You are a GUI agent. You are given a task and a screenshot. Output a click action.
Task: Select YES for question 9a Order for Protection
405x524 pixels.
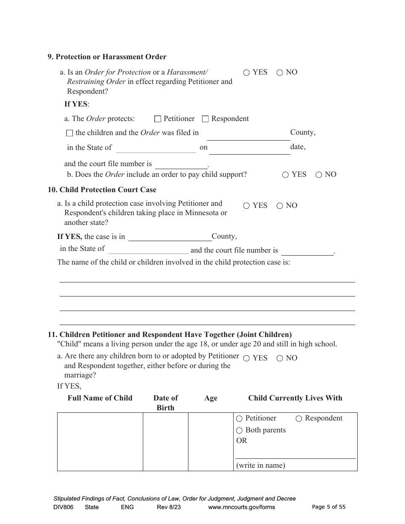[x=246, y=73]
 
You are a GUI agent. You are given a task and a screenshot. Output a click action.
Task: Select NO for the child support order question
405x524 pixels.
[x=318, y=175]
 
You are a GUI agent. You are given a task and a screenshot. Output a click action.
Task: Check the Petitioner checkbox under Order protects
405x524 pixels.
[x=158, y=119]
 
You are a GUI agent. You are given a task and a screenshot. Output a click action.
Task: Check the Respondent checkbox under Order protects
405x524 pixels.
[x=205, y=119]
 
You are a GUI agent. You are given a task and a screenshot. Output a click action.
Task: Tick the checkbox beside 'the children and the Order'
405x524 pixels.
[x=70, y=133]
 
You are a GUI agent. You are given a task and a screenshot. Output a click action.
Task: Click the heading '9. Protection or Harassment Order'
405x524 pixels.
[x=107, y=57]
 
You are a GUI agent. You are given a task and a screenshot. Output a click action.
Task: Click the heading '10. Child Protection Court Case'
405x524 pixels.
[x=102, y=190]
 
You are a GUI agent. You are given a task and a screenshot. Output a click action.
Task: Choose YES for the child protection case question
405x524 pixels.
[x=246, y=206]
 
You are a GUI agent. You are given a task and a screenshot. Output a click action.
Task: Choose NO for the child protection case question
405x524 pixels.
[x=280, y=206]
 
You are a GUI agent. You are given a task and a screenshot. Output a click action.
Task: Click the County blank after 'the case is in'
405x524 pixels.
[x=170, y=237]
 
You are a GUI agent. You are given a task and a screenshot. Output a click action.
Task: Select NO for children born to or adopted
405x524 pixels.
[x=280, y=358]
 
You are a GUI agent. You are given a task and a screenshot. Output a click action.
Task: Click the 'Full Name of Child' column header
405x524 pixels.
[x=100, y=398]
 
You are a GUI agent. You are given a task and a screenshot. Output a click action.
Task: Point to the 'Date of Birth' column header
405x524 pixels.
[x=165, y=403]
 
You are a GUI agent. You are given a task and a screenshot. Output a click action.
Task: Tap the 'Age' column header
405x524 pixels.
[x=211, y=398]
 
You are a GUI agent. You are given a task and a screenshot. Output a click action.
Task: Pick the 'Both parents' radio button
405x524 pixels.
[x=240, y=431]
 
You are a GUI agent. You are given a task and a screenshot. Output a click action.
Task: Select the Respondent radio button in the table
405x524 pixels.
[x=299, y=419]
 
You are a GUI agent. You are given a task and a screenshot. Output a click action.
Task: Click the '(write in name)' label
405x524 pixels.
[x=260, y=465]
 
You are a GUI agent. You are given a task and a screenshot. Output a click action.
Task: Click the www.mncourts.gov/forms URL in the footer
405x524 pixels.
[x=241, y=507]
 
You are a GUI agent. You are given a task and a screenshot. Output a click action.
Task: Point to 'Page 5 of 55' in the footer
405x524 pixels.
[x=329, y=507]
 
